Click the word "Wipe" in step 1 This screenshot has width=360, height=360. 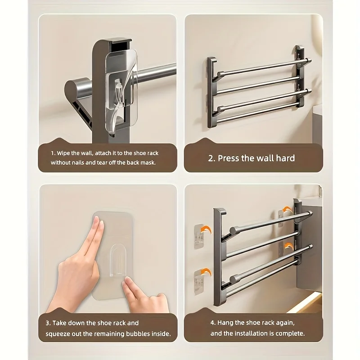[x=63, y=153]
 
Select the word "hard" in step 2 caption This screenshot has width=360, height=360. [x=285, y=158]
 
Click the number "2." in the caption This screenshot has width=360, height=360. [x=211, y=158]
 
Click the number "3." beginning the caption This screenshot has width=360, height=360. [x=48, y=323]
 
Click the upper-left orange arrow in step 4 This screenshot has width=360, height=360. [x=206, y=230]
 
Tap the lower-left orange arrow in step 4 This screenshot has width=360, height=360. [x=206, y=273]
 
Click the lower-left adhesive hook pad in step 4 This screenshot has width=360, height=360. [x=199, y=283]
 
